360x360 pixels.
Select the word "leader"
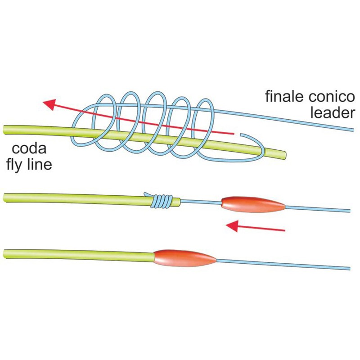pos(333,113)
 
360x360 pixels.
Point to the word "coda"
pos(29,148)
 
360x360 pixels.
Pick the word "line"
pos(40,165)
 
